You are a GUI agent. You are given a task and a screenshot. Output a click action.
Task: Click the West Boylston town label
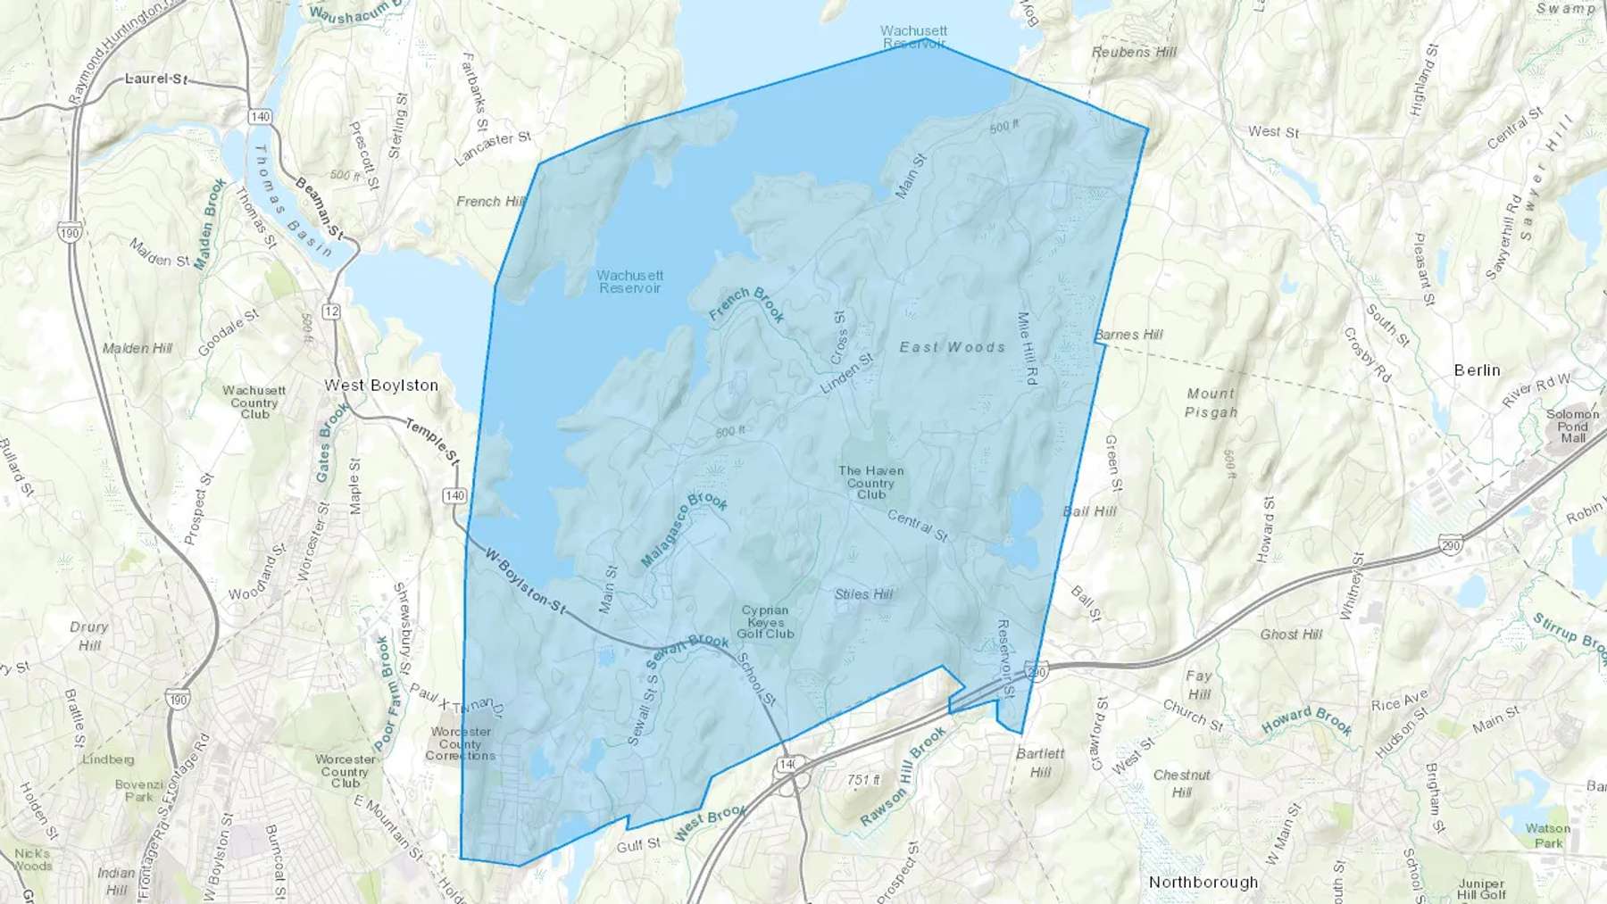[x=381, y=386]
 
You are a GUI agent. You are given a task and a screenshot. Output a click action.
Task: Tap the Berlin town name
[x=1477, y=370]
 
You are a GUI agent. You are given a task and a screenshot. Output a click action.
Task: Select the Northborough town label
[x=1203, y=883]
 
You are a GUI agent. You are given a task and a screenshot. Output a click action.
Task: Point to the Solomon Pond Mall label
[x=1572, y=426]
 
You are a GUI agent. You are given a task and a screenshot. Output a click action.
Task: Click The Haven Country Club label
[x=870, y=483]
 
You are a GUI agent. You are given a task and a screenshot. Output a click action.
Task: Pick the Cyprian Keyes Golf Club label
[x=765, y=622]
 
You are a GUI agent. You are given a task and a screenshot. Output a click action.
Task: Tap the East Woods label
[x=952, y=347]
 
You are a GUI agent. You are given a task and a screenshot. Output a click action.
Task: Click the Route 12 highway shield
[x=332, y=311]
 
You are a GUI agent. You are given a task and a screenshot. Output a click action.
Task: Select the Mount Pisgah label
[x=1211, y=402]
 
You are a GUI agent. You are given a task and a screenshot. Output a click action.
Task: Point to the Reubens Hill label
[x=1134, y=53]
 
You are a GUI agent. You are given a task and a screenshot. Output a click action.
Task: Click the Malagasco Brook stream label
[x=684, y=530]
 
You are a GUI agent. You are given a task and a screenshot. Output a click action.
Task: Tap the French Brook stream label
[x=747, y=303]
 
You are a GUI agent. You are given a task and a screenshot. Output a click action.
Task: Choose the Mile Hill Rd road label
[x=1027, y=348]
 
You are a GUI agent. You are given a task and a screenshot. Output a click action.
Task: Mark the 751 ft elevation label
[x=863, y=780]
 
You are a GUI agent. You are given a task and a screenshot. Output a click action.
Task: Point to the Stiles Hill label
[x=863, y=594]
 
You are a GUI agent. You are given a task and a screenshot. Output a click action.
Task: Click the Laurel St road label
[x=156, y=79]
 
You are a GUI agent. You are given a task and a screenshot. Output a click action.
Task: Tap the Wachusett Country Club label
[x=254, y=402]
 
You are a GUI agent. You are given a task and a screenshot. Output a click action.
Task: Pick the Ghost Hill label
[x=1291, y=634]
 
